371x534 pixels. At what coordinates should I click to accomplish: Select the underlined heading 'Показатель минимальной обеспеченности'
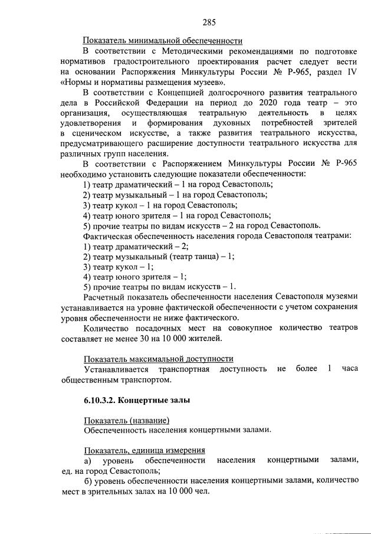[x=163, y=41]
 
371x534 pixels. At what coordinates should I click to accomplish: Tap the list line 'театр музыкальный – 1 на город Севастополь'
[x=175, y=194]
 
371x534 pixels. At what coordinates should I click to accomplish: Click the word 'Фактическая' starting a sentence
[x=108, y=235]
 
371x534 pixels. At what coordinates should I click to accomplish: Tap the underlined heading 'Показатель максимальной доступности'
[x=158, y=359]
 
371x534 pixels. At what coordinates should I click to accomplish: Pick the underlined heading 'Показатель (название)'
[x=126, y=420]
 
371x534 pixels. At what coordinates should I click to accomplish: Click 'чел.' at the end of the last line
[x=202, y=491]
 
